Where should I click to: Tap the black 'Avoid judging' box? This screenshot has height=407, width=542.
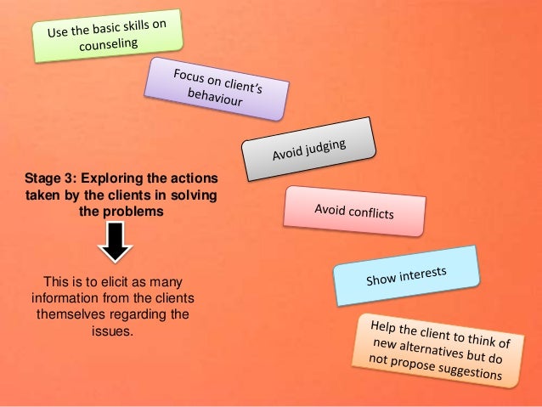pyautogui.click(x=308, y=150)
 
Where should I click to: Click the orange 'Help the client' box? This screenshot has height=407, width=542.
pyautogui.click(x=438, y=350)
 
